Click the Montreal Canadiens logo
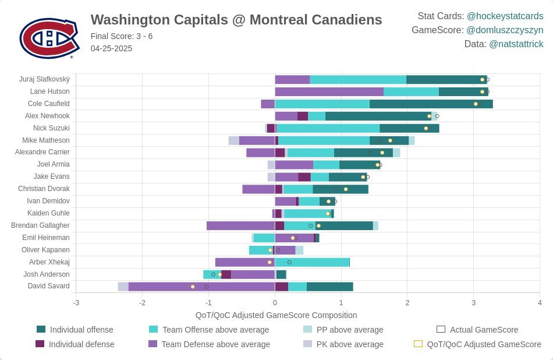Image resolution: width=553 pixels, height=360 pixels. (49, 38)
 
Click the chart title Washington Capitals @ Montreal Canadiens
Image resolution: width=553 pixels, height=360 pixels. (236, 20)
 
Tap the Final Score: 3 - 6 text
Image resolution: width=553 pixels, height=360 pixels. (122, 36)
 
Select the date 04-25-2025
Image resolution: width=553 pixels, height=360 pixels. (111, 48)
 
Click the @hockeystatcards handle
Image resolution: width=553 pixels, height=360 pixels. (505, 16)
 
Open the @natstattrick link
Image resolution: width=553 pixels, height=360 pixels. (516, 44)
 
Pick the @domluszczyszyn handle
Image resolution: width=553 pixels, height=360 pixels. (505, 30)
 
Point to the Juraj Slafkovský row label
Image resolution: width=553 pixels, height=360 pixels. (44, 79)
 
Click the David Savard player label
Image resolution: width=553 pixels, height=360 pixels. (49, 286)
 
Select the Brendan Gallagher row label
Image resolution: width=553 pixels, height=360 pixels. (40, 225)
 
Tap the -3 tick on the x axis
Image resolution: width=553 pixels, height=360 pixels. (76, 303)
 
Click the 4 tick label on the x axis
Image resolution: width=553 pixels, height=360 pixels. (540, 303)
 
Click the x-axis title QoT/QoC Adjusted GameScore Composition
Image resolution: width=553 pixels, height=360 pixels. (276, 315)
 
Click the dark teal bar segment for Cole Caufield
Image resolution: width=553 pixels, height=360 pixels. (431, 104)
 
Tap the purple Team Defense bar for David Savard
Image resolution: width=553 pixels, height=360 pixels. (201, 287)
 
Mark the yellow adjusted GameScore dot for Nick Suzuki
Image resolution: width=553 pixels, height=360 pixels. (426, 128)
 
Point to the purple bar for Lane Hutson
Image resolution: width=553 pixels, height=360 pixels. (329, 91)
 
